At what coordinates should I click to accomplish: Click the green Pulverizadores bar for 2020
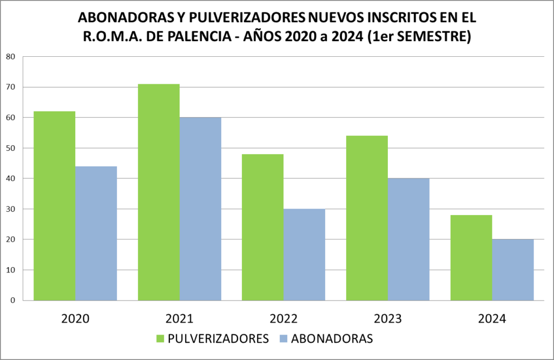[x=55, y=205]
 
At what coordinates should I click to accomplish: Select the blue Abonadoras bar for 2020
[x=96, y=233]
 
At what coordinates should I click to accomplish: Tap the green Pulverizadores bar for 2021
[x=159, y=192]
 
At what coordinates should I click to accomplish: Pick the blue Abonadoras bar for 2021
[x=200, y=209]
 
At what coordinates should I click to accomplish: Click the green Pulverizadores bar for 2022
[x=263, y=227]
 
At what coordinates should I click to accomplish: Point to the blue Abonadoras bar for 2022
[x=304, y=254]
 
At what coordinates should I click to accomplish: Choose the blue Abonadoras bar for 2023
[x=408, y=239]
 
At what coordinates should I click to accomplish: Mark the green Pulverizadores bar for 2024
[x=471, y=257]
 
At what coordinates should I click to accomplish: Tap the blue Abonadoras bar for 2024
[x=513, y=269]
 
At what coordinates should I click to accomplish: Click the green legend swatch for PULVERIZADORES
[x=160, y=339]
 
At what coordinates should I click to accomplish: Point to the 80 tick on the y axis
[x=11, y=57]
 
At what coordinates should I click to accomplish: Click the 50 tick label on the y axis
[x=11, y=148]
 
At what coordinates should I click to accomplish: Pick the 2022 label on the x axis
[x=283, y=319]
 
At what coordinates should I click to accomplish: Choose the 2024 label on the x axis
[x=492, y=319]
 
